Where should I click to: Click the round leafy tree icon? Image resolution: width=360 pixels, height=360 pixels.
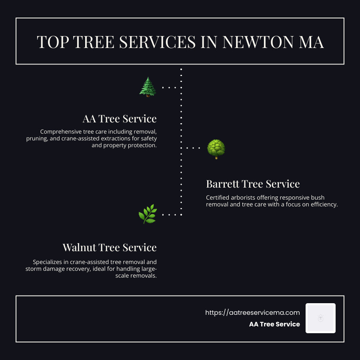(216, 149)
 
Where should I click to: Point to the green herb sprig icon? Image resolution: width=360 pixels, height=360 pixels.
(147, 214)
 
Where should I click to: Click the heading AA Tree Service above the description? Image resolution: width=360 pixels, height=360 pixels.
(119, 119)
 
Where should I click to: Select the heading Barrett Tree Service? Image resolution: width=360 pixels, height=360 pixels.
(253, 184)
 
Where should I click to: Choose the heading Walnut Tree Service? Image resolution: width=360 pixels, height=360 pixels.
(109, 247)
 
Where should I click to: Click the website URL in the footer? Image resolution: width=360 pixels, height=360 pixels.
(252, 313)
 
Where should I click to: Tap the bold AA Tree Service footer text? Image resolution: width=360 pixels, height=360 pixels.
(274, 324)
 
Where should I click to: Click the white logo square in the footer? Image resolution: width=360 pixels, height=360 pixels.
(320, 318)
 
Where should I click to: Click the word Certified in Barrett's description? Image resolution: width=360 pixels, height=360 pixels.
(218, 198)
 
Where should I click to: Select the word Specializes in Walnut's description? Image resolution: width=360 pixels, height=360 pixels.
(48, 262)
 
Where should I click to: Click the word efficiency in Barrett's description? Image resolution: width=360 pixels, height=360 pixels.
(324, 204)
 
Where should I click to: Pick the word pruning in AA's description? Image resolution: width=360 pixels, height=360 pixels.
(37, 138)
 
